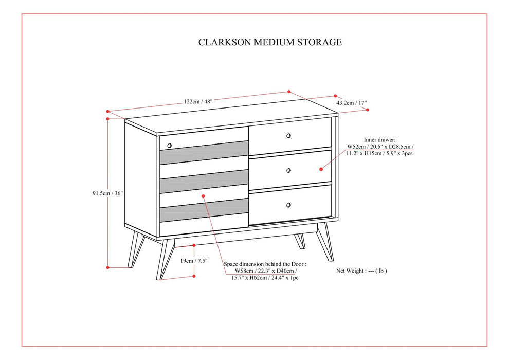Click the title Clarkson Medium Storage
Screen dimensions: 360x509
270,42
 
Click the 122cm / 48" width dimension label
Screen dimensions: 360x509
198,101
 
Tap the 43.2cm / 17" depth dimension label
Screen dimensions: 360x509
352,103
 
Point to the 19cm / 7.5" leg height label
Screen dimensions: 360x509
194,261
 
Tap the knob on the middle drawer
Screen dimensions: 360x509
288,170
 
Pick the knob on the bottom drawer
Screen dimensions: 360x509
288,205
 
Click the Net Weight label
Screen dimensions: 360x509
361,270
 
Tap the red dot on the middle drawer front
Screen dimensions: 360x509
321,168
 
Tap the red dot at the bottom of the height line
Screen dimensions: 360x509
108,267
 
